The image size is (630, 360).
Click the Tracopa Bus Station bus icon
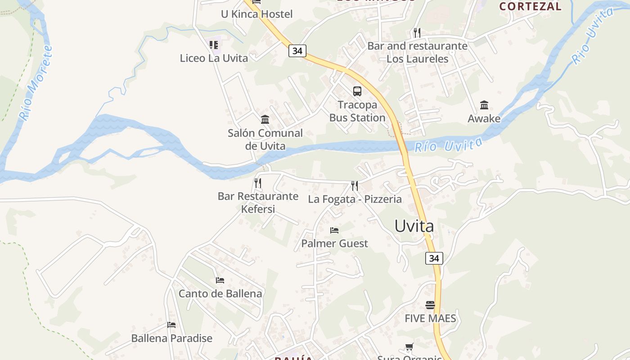pos(357,91)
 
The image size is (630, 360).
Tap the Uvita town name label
pos(414,226)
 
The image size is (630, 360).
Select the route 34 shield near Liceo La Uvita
pos(297,51)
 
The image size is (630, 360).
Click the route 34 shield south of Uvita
pos(434,258)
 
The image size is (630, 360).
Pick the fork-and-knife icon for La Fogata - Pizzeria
pos(355,185)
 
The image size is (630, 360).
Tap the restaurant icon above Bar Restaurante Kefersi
pos(257,183)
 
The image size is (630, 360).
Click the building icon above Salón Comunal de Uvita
pos(265,120)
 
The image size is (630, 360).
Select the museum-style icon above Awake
pos(484,105)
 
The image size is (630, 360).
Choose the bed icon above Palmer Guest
pos(334,230)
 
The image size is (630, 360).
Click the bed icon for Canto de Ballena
pos(220,280)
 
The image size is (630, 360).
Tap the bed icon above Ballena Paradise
pos(171,324)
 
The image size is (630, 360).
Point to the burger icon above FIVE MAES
pos(430,305)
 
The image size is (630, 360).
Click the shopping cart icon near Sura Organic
pos(409,347)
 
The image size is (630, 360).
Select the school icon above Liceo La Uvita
pos(214,45)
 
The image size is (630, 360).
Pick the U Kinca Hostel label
pos(256,14)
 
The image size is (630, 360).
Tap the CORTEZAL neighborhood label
pos(530,6)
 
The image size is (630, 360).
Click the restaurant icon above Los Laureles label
pos(417,32)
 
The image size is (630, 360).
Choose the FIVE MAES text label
pos(430,319)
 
